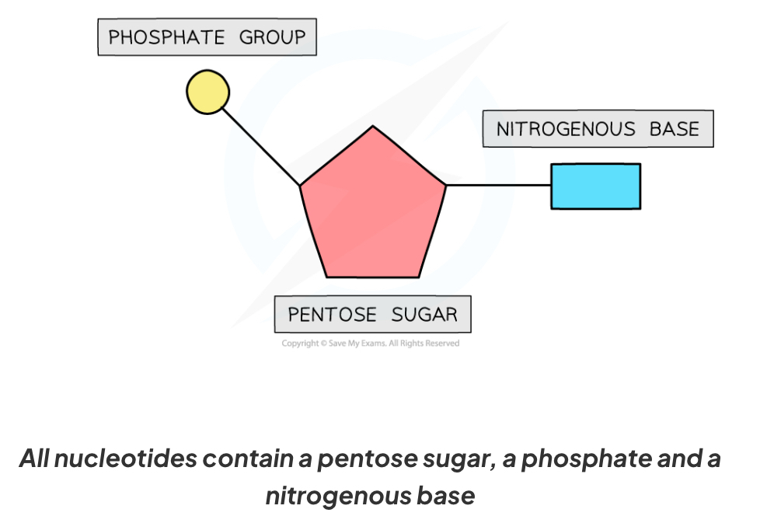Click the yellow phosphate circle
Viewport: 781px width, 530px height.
[207, 92]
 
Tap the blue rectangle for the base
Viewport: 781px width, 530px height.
[595, 187]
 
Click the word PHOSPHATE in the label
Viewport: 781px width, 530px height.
[167, 37]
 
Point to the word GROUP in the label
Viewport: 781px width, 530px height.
[271, 37]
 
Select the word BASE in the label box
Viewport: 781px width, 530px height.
[674, 129]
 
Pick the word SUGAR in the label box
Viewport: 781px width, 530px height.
[424, 315]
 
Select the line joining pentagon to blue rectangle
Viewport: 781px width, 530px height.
[498, 185]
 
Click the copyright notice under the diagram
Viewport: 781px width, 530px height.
[370, 343]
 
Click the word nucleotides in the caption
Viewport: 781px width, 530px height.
[127, 459]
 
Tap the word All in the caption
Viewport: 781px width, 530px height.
[36, 459]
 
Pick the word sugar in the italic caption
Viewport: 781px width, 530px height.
[455, 459]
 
